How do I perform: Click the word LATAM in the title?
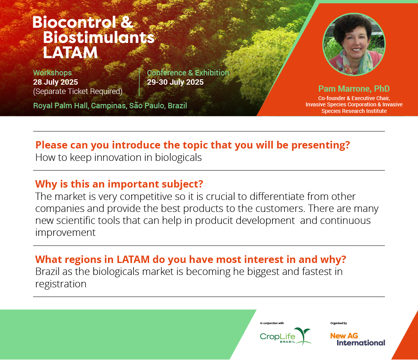point(70,53)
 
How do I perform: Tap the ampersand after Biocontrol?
point(127,22)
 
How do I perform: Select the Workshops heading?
point(53,73)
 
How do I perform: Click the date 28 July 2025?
point(55,82)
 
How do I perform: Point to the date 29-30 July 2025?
point(175,82)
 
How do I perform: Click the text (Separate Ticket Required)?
point(78,91)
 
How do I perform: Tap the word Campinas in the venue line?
point(109,106)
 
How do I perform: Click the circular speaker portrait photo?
point(354,44)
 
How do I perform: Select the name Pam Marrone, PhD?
point(354,89)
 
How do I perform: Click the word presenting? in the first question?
point(320,145)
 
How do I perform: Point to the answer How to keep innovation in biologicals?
point(119,158)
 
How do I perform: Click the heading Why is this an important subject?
point(119,184)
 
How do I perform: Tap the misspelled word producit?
point(214,221)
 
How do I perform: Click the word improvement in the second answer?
point(65,233)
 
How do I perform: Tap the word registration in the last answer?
point(61,284)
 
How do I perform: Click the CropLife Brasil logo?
point(286,336)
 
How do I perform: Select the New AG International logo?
point(358,340)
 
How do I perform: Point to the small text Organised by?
point(339,323)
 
